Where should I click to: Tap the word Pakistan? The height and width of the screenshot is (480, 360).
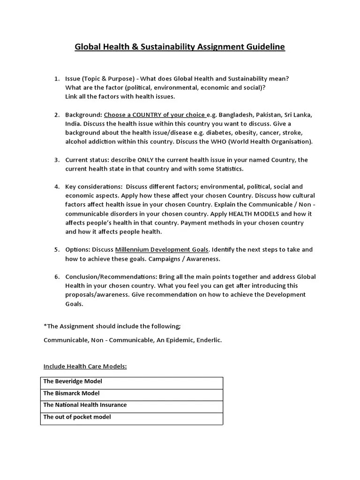coord(270,115)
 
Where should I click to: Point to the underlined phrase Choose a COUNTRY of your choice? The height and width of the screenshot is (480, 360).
coord(155,115)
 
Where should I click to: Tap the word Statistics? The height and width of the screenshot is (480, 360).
coord(227,169)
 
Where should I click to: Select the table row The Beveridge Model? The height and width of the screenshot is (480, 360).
coord(73,382)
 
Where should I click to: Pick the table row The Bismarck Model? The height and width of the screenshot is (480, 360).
coord(72,393)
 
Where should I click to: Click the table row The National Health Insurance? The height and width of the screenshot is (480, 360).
coord(85,405)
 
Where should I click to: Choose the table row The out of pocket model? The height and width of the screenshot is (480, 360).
coord(77,417)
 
